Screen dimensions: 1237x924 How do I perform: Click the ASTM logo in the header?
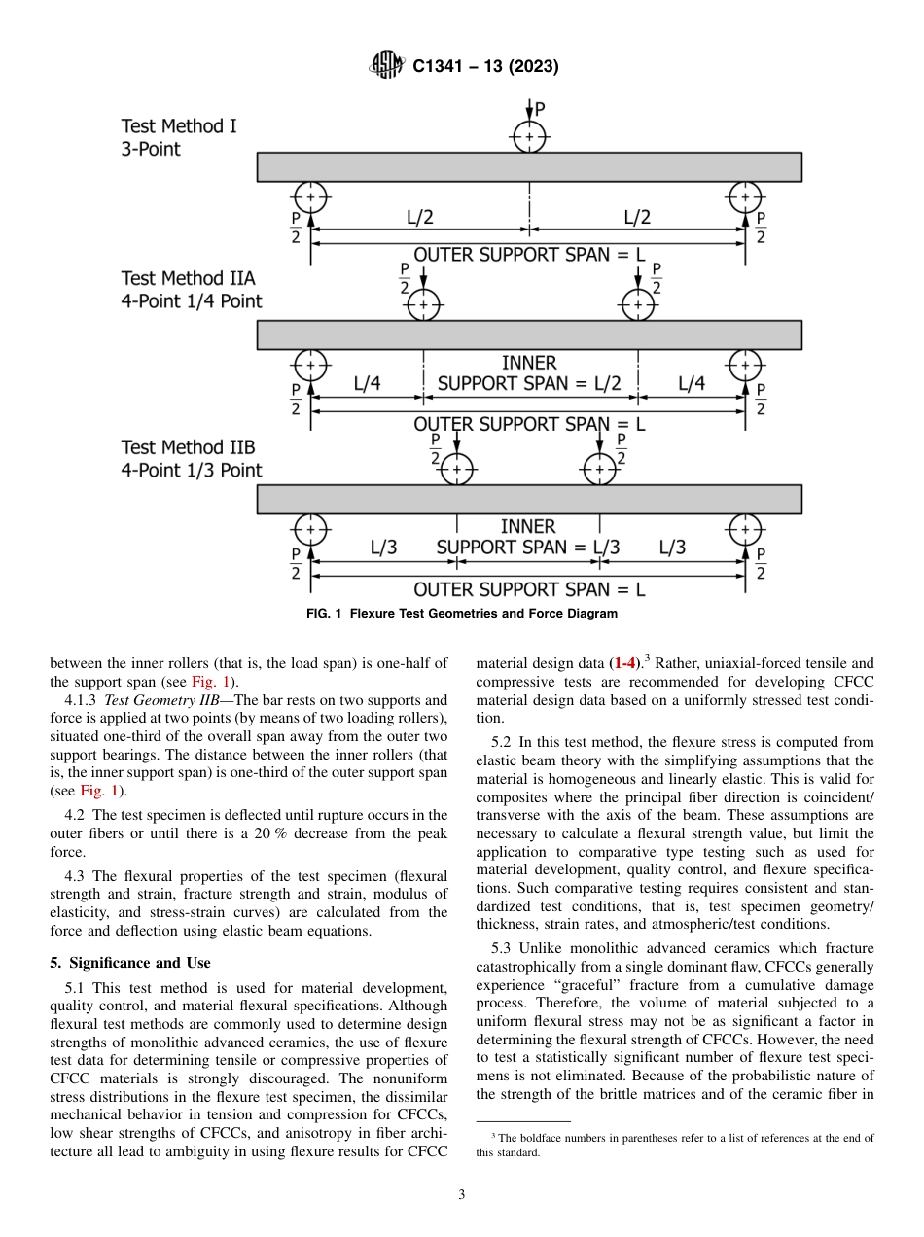[386, 66]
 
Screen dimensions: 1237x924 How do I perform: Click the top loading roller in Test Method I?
[529, 137]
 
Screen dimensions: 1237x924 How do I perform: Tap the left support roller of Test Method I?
[310, 197]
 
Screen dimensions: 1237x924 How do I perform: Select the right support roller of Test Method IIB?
[744, 530]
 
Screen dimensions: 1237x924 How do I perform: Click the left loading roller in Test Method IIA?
[423, 305]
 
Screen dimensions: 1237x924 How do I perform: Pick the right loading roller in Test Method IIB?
[599, 470]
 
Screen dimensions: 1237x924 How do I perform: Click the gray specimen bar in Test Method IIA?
[529, 335]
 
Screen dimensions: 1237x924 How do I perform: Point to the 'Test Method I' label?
[179, 126]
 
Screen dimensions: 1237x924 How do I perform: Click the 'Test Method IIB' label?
[188, 447]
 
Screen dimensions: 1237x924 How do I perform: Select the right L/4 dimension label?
[691, 384]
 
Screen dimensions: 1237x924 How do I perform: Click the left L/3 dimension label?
[383, 548]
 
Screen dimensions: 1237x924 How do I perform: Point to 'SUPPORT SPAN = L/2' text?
[528, 384]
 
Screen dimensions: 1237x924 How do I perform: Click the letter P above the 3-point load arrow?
[540, 108]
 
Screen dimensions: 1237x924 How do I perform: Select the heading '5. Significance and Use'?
[130, 963]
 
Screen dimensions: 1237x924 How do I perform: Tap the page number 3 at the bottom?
[462, 1195]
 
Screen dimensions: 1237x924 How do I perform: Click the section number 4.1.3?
[83, 699]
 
